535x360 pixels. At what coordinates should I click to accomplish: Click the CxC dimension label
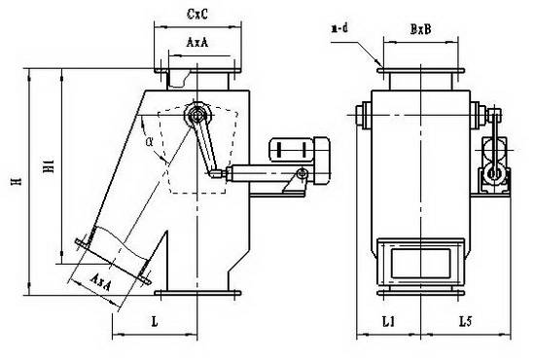tap(197, 14)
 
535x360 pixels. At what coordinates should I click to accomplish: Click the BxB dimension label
tap(420, 30)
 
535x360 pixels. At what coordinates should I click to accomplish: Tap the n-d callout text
tap(339, 28)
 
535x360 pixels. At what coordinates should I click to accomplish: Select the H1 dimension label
tap(50, 165)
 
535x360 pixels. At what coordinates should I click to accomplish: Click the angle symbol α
tap(149, 142)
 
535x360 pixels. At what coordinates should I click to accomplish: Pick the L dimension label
tap(155, 322)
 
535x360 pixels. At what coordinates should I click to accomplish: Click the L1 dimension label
tap(389, 321)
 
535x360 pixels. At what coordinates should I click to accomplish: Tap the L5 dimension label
tap(465, 321)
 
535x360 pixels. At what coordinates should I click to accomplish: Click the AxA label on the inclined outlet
tap(100, 282)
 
